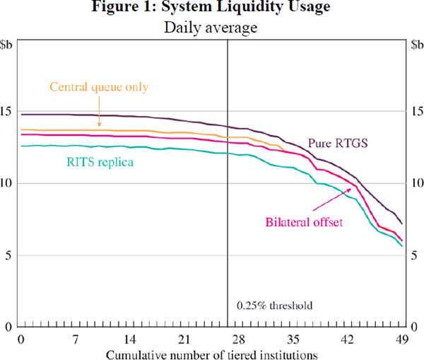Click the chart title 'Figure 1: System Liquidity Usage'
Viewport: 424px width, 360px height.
click(x=212, y=9)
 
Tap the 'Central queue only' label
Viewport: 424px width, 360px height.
click(x=99, y=87)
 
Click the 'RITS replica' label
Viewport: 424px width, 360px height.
click(x=102, y=162)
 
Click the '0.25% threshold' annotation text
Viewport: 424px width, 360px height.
click(x=274, y=306)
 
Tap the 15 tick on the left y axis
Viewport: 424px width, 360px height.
click(x=9, y=111)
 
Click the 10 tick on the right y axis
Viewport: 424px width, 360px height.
click(x=415, y=183)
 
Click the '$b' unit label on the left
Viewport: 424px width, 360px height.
click(x=11, y=46)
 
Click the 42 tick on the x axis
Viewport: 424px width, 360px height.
click(x=348, y=339)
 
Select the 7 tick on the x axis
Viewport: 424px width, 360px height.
click(x=76, y=339)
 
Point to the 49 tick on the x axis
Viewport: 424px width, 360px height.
click(x=403, y=339)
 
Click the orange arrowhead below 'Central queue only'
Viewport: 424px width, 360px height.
click(x=99, y=127)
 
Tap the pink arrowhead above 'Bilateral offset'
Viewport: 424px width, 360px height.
click(x=351, y=188)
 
